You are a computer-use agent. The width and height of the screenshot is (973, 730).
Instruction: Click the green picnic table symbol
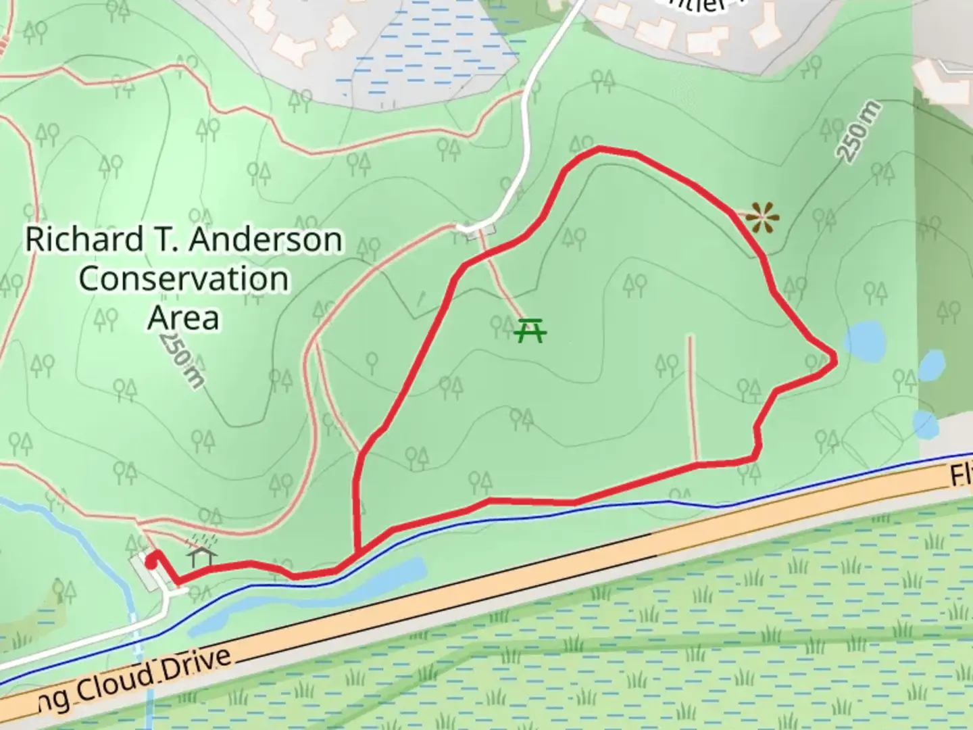(530, 331)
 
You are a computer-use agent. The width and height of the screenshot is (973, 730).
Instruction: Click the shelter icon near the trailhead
(203, 556)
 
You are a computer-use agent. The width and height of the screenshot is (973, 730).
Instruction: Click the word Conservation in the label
(184, 278)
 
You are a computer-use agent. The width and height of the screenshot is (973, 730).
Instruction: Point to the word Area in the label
(184, 317)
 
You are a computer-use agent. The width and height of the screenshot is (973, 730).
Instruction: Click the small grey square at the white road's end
(478, 229)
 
